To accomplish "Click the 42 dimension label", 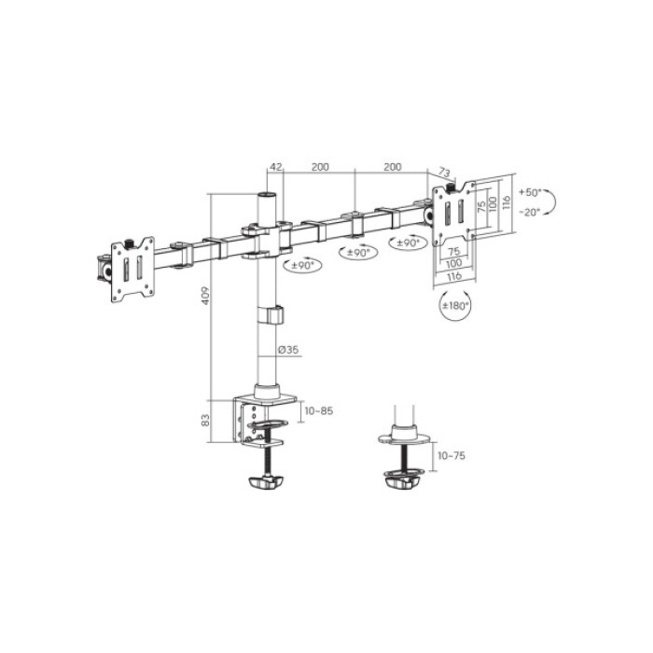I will click(x=275, y=167).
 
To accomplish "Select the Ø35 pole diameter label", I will click(x=288, y=351).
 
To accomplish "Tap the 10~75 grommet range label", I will click(x=452, y=454).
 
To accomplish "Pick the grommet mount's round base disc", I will click(x=405, y=438).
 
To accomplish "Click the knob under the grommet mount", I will click(x=403, y=480).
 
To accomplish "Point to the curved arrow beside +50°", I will click(x=552, y=201).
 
